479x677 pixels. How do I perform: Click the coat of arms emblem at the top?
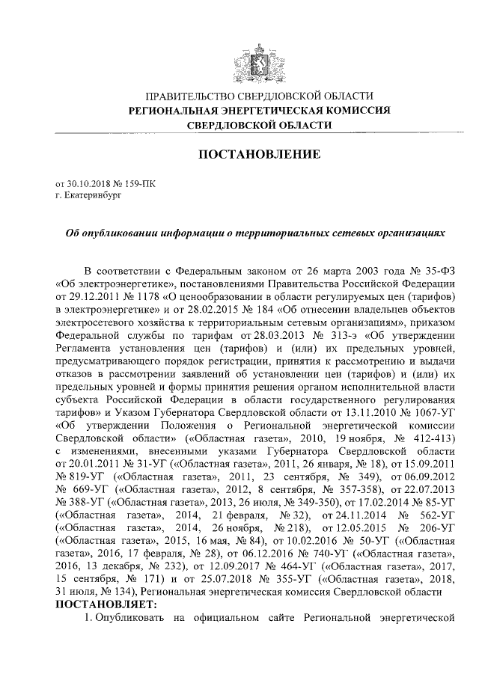[x=258, y=58]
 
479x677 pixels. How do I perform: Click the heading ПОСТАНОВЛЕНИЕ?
[x=258, y=155]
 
